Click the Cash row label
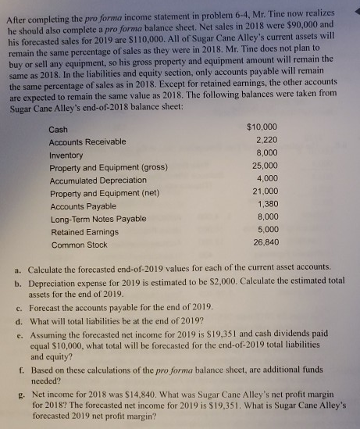pyautogui.click(x=58, y=129)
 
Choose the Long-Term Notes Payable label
pyautogui.click(x=97, y=219)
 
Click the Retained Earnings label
pyautogui.click(x=85, y=232)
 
